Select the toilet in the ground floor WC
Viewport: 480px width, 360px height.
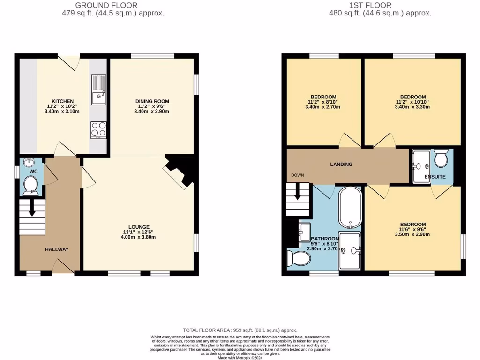(x=30, y=186)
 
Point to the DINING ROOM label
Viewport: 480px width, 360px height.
(x=152, y=101)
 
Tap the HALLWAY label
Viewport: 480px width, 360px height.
(x=57, y=249)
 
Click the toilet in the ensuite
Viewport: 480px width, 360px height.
(x=441, y=159)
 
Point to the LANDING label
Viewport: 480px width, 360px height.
(x=341, y=165)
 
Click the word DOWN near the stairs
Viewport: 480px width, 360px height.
(x=297, y=175)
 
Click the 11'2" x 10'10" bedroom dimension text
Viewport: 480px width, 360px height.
(x=413, y=102)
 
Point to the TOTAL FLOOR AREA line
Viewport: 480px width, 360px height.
(x=240, y=330)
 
